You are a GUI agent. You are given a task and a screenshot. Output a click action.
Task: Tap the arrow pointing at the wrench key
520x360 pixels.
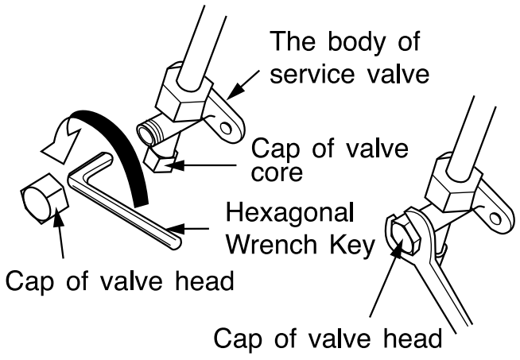click(x=200, y=230)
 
